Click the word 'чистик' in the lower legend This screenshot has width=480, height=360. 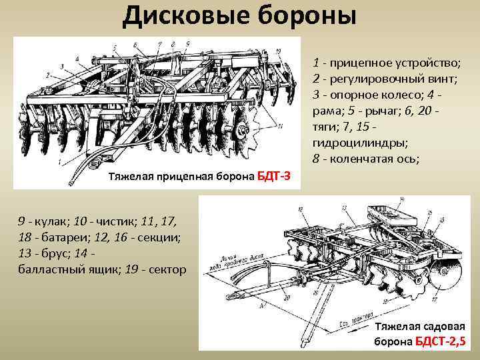(98, 220)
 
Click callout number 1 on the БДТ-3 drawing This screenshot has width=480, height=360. (61, 161)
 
